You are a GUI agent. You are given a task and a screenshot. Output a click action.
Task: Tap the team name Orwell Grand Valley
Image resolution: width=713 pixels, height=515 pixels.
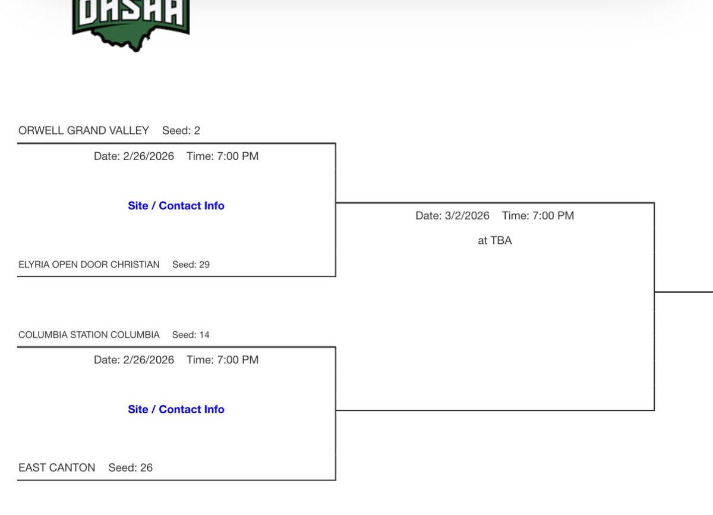[x=84, y=130]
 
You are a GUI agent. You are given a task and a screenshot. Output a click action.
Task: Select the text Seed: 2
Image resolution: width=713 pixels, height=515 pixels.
[x=181, y=130]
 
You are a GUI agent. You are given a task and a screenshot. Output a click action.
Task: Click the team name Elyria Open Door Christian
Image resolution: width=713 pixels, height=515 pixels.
[x=89, y=264]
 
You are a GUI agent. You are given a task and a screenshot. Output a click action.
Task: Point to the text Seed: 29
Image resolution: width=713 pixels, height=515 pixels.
[x=191, y=264]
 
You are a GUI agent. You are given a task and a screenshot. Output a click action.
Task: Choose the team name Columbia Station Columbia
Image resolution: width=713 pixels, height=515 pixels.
[x=89, y=335]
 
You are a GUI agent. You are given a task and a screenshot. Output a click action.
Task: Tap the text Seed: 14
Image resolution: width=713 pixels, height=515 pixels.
[x=191, y=335]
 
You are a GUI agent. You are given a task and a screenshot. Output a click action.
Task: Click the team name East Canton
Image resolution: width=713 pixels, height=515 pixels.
[x=57, y=467]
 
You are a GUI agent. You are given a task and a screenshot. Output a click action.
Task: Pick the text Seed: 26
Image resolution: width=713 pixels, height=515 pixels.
[x=131, y=467]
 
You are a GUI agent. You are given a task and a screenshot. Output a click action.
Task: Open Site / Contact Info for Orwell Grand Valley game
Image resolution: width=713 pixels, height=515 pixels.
[x=176, y=206]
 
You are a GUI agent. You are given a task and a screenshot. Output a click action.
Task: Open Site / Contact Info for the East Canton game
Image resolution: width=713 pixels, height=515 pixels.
[x=176, y=409]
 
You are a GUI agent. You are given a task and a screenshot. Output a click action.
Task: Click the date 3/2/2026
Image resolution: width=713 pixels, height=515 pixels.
[x=466, y=216]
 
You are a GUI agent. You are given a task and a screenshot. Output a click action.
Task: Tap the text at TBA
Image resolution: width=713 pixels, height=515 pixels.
[x=494, y=241]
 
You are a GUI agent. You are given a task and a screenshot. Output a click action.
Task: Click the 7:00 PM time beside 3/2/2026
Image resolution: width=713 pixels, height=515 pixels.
[x=553, y=216]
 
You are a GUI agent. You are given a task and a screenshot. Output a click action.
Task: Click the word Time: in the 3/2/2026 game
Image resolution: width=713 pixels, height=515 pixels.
[x=515, y=216]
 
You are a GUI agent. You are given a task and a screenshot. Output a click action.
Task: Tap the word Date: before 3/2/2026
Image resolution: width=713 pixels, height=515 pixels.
[x=428, y=216]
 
